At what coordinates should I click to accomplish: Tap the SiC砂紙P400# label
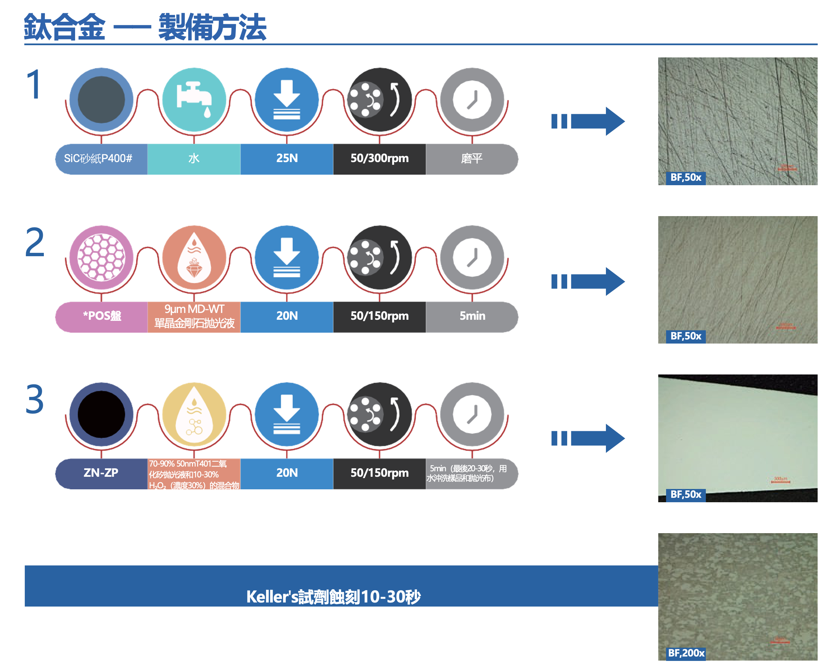click(98, 158)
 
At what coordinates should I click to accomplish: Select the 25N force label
click(287, 158)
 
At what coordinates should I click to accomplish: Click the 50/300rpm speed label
click(379, 158)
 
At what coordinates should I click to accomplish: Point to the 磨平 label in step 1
click(472, 158)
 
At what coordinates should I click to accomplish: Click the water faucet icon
click(194, 100)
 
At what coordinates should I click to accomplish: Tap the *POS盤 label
click(102, 316)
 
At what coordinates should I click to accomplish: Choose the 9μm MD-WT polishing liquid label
click(194, 316)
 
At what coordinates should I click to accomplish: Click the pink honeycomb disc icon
click(101, 258)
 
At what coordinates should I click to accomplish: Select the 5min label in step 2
click(472, 316)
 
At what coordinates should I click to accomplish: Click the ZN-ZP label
click(101, 473)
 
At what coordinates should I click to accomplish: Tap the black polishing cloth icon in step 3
click(101, 415)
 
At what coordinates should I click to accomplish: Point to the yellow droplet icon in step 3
click(194, 415)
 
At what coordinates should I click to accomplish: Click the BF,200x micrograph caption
click(686, 653)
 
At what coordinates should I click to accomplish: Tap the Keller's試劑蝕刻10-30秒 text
click(333, 596)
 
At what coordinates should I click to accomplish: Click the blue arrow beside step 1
click(588, 121)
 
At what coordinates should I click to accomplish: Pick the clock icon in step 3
click(472, 415)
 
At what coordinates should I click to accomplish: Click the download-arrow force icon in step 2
click(287, 258)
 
